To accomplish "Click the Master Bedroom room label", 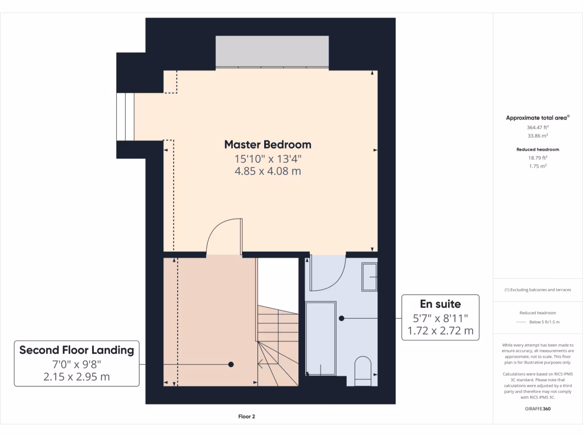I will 268,145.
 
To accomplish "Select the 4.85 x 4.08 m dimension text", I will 268,171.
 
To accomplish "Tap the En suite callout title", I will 440,304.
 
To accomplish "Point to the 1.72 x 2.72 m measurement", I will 440,331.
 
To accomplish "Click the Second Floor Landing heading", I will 76,350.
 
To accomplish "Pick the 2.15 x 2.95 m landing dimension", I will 76,377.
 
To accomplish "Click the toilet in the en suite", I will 362,370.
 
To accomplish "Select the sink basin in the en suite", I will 369,277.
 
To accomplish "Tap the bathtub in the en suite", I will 321,339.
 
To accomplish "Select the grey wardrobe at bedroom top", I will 272,52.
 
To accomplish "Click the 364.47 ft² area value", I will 537,128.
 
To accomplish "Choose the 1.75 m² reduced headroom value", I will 537,166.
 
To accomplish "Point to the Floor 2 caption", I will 247,417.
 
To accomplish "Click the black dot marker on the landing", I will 231,364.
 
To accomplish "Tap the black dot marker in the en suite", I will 342,318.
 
